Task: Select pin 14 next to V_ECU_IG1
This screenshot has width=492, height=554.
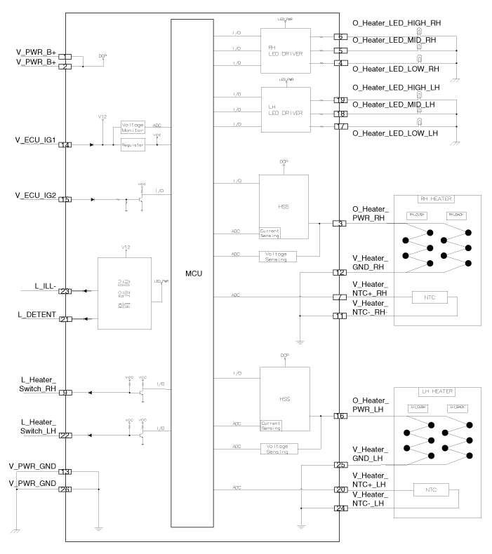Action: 65,145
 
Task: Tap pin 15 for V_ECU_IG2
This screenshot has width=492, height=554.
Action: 65,199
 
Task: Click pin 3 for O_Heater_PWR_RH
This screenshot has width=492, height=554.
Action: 340,224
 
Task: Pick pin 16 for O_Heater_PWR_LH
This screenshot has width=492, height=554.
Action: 340,416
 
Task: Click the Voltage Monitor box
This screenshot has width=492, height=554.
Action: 133,126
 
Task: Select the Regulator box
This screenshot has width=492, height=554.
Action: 133,145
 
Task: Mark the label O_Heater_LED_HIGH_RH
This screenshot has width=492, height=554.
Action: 395,23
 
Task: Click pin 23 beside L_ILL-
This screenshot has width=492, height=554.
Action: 65,291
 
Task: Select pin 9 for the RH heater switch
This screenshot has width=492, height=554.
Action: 65,393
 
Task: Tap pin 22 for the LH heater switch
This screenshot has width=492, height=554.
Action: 65,435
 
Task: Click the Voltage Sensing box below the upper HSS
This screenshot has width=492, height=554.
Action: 277,255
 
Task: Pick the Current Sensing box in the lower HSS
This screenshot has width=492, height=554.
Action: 271,424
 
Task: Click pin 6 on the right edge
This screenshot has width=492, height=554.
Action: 340,36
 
